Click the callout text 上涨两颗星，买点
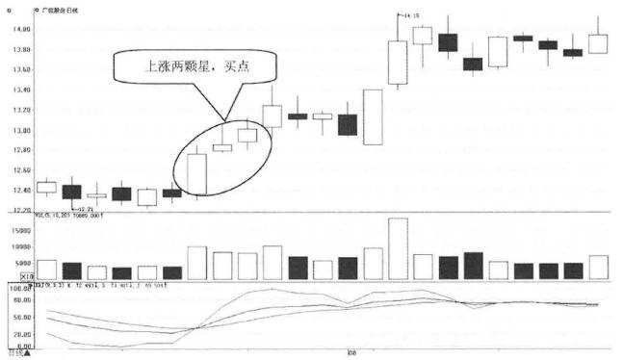click(195, 68)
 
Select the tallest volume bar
click(398, 248)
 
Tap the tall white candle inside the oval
click(197, 173)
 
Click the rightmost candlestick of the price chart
click(598, 42)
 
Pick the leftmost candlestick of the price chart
click(46, 187)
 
